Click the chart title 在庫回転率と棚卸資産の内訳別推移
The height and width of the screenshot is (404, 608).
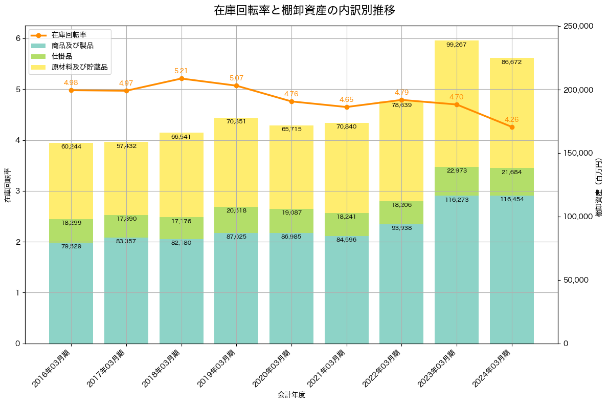coord(304,10)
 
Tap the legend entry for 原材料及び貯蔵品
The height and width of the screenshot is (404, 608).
coord(79,67)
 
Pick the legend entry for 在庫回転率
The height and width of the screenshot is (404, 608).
coord(69,35)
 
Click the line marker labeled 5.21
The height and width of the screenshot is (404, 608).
coord(182,78)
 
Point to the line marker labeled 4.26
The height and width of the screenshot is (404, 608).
coord(512,127)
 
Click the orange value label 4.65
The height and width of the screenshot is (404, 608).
coord(347,99)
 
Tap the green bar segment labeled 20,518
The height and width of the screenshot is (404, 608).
coord(236,220)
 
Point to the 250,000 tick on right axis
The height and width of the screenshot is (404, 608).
coord(578,26)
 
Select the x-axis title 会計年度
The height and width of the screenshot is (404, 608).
coord(291,395)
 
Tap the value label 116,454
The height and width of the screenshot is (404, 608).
coord(512,200)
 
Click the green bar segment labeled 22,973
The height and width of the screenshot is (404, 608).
coord(457,181)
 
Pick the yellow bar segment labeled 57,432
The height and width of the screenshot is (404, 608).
coord(126,179)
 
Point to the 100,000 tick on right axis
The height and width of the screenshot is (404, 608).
coord(578,217)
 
